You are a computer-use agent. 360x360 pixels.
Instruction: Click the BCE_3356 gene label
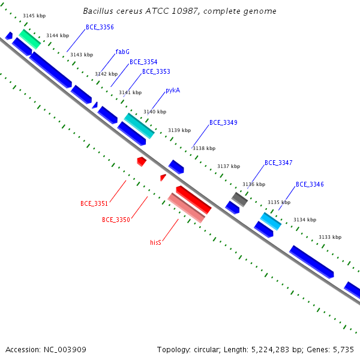point(100,28)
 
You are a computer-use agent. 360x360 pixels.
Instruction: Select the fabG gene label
point(122,52)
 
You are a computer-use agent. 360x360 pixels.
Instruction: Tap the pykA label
point(173,90)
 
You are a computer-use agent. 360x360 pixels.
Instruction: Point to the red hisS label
point(155,242)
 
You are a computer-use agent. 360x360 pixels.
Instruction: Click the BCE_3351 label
point(94,203)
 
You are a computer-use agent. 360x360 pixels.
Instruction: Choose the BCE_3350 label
point(116,220)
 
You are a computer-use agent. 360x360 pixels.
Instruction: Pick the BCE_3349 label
point(223,122)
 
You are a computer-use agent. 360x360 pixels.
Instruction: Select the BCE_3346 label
point(310,184)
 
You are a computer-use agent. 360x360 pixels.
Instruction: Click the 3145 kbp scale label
point(34,16)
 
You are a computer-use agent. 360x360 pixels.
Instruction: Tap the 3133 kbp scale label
point(330,237)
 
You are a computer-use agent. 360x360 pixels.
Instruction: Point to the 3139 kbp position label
point(179,130)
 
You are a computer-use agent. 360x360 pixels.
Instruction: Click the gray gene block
point(239,200)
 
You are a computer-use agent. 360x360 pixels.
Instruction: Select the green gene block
point(30,39)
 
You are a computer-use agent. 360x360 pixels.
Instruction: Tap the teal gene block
point(139,126)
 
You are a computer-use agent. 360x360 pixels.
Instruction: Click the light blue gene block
point(271,221)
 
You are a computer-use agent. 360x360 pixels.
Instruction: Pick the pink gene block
point(187,208)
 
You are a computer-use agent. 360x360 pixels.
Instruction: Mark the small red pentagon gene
point(142,161)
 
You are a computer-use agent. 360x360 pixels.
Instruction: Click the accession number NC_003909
point(65,350)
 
